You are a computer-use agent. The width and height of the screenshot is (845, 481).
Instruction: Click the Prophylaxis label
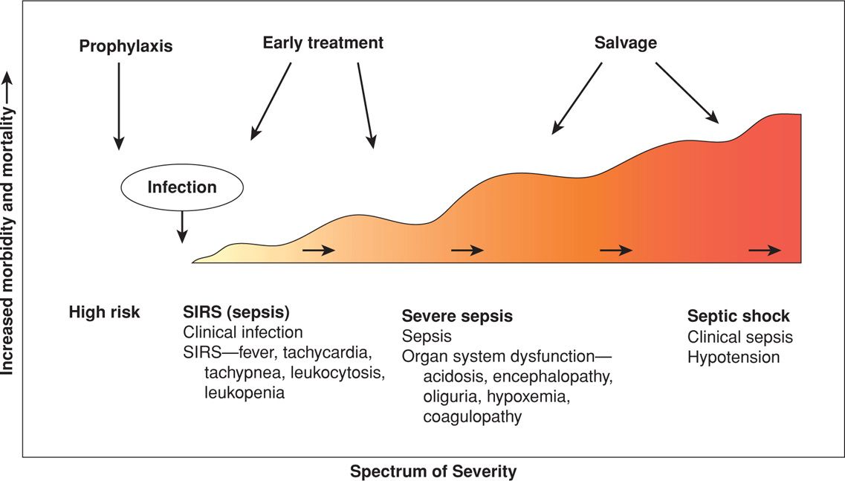click(x=126, y=47)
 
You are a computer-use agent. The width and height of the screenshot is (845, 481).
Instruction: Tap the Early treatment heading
click(x=323, y=43)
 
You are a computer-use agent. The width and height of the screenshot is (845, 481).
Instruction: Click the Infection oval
click(x=182, y=187)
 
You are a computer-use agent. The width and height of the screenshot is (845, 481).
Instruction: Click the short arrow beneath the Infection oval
click(x=181, y=227)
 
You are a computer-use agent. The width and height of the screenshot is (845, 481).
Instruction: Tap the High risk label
click(x=104, y=312)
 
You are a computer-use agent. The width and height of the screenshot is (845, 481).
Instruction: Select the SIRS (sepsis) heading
click(x=236, y=312)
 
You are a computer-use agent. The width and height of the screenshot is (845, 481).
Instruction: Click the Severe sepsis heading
click(x=457, y=316)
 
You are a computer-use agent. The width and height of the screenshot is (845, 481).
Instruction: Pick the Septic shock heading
click(x=738, y=316)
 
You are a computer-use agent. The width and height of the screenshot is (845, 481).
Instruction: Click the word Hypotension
click(x=734, y=357)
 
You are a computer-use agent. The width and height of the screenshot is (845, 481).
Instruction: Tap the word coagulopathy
click(x=472, y=416)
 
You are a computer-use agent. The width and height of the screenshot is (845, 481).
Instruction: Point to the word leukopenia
click(x=245, y=393)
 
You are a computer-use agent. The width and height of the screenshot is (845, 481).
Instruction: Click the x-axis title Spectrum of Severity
click(x=433, y=471)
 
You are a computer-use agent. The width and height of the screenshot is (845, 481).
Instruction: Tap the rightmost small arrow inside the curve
click(x=764, y=251)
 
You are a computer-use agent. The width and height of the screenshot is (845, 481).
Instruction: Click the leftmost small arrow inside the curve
click(x=319, y=251)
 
